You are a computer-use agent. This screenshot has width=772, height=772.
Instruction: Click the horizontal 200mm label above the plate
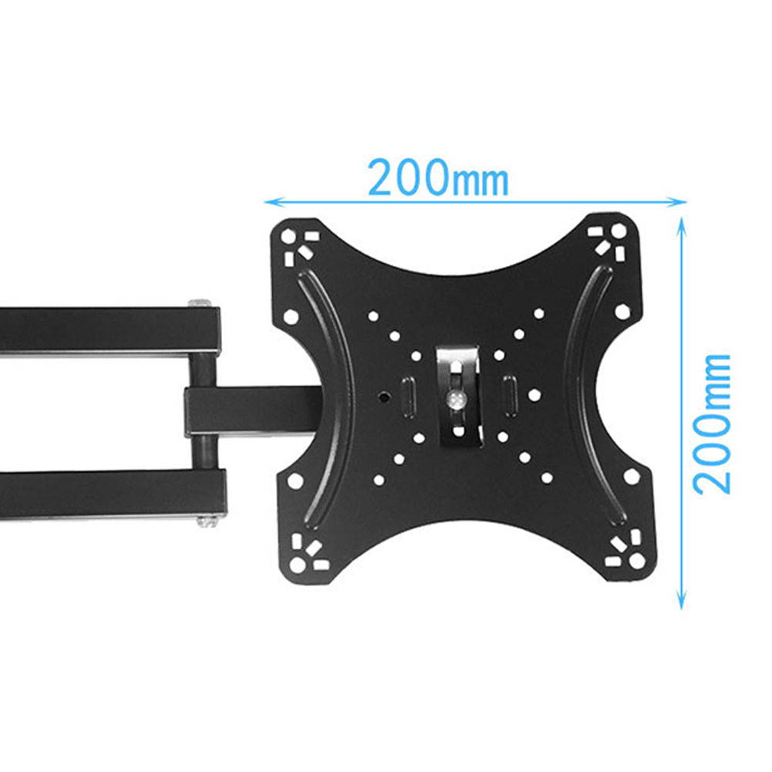tap(437, 178)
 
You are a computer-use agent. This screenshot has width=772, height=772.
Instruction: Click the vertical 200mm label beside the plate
tap(710, 423)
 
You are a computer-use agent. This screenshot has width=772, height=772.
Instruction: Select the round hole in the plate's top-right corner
tap(619, 231)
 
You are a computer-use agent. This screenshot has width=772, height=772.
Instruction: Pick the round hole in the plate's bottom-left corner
tap(297, 565)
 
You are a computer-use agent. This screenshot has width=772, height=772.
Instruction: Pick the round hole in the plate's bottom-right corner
tap(636, 561)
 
